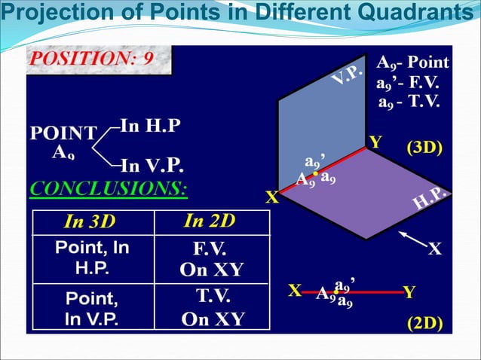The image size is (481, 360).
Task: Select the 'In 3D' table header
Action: (x=91, y=222)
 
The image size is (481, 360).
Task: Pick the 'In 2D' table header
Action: (x=210, y=221)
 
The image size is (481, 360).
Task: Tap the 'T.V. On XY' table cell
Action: (x=212, y=307)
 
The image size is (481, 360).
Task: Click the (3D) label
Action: (x=424, y=147)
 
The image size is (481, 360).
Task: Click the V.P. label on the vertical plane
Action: (x=348, y=77)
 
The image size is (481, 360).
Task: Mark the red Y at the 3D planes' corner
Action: (x=375, y=141)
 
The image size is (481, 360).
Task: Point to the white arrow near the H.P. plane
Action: (x=411, y=241)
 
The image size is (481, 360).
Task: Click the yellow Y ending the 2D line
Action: (x=408, y=291)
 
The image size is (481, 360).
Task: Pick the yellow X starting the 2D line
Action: (x=296, y=291)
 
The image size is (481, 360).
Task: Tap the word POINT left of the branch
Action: (x=63, y=134)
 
